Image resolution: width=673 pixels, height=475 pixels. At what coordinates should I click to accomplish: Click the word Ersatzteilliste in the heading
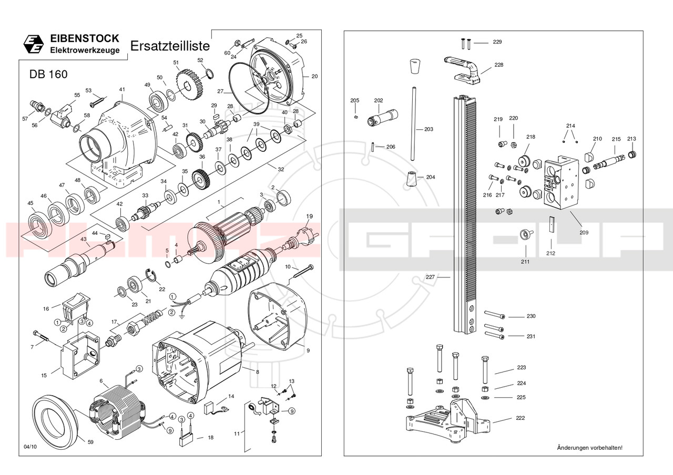click(x=169, y=46)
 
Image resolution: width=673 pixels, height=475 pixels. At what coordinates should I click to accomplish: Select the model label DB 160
click(x=48, y=75)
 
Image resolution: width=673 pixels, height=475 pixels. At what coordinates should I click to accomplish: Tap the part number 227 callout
click(x=430, y=277)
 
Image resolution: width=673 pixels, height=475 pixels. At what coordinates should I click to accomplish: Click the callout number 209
click(x=584, y=232)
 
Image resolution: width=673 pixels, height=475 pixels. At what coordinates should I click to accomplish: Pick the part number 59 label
click(x=90, y=442)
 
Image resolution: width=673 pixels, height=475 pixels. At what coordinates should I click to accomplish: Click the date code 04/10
click(x=30, y=447)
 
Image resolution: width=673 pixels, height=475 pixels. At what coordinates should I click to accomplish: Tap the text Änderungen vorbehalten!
click(x=589, y=448)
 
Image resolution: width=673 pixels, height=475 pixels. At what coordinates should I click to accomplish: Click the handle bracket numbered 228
click(x=465, y=70)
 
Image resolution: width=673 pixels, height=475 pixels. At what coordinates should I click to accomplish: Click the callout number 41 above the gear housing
click(x=121, y=90)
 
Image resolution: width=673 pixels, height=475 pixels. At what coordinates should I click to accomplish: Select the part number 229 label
click(x=497, y=42)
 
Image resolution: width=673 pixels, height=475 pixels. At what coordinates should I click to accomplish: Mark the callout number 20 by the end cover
click(x=314, y=77)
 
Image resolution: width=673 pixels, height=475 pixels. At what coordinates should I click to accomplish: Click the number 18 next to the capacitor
click(x=210, y=437)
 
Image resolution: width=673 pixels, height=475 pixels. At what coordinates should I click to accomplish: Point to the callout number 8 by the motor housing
click(x=257, y=372)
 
